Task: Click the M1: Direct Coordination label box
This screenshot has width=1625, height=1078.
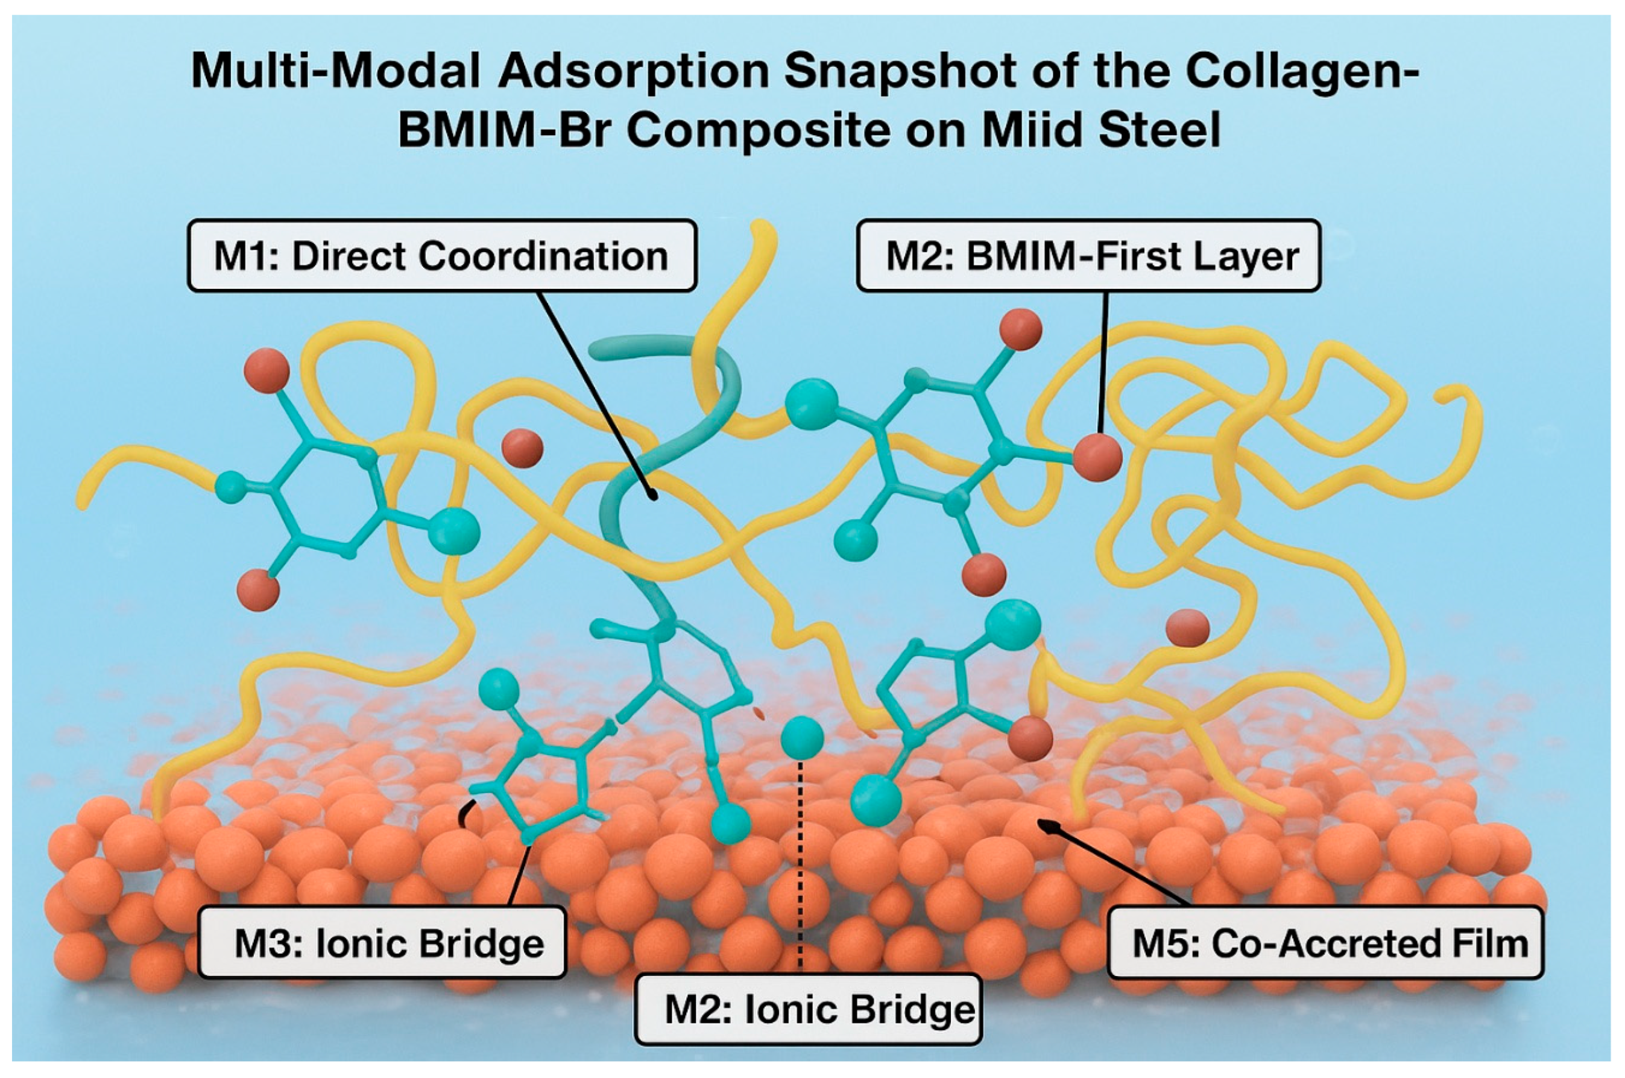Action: pyautogui.click(x=442, y=256)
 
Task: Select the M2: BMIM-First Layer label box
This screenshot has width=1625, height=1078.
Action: pyautogui.click(x=1088, y=256)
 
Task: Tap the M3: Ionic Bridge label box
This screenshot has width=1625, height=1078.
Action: pyautogui.click(x=382, y=942)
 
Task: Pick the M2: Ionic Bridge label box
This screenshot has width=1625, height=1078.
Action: pyautogui.click(x=809, y=1009)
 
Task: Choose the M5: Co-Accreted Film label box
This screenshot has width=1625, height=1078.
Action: pyautogui.click(x=1326, y=942)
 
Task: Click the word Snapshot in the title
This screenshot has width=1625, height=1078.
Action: pyautogui.click(x=900, y=71)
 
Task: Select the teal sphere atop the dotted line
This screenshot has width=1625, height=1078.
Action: pyautogui.click(x=802, y=737)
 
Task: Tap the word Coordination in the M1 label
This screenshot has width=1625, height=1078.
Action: pyautogui.click(x=543, y=256)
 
